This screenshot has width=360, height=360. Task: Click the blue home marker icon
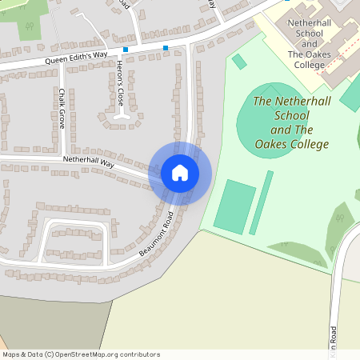180,173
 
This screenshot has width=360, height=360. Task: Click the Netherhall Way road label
89,162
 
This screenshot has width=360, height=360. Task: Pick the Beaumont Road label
156,233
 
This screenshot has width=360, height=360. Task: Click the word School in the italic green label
286,116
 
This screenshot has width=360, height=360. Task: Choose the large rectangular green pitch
235,206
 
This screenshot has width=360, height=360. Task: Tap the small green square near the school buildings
238,62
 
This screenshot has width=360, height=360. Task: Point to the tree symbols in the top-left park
27,29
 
